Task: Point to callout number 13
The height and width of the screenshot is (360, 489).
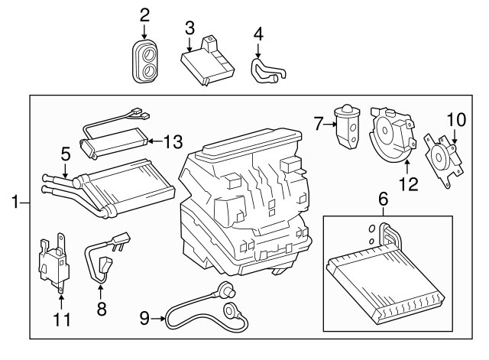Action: [173, 141]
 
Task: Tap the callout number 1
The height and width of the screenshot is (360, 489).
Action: [14, 203]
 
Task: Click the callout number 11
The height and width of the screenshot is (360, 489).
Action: [62, 318]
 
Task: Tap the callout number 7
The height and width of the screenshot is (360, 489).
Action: [319, 122]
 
